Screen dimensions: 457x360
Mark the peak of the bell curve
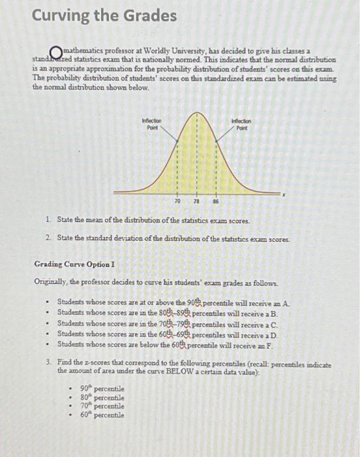click(x=194, y=113)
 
